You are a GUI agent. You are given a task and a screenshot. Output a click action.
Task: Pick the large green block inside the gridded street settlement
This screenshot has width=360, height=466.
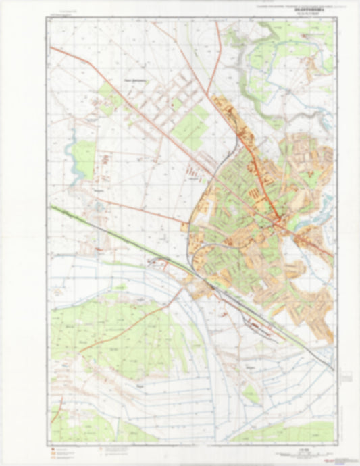click(191, 126)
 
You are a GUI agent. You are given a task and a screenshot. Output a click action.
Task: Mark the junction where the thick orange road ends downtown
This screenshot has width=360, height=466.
click(278, 217)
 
